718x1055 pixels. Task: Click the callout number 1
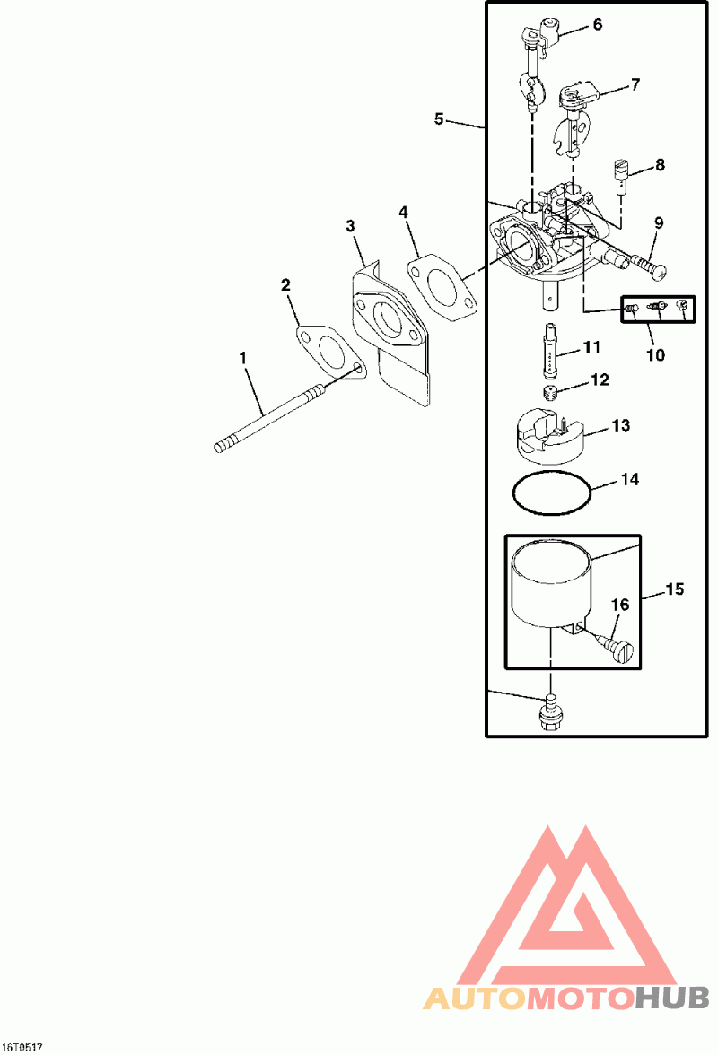pyautogui.click(x=242, y=358)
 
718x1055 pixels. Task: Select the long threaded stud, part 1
pyautogui.click(x=269, y=419)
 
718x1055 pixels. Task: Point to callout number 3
pyautogui.click(x=351, y=225)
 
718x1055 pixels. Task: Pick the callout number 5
pyautogui.click(x=438, y=118)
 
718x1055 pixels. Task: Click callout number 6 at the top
pyautogui.click(x=597, y=24)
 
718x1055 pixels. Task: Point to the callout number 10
pyautogui.click(x=656, y=355)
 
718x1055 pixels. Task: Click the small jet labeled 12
pyautogui.click(x=552, y=391)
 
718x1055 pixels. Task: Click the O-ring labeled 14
pyautogui.click(x=551, y=493)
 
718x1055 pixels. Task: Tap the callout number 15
pyautogui.click(x=674, y=589)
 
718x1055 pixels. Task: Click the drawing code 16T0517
pyautogui.click(x=22, y=1047)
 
